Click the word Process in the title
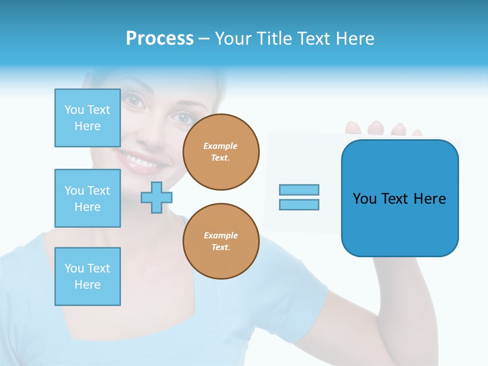[x=160, y=39]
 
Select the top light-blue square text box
[x=87, y=118]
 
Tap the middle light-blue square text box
[x=87, y=198]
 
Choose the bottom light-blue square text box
[x=87, y=277]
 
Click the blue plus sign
[x=156, y=197]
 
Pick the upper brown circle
[x=221, y=152]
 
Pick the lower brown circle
[x=221, y=241]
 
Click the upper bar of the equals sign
[x=299, y=190]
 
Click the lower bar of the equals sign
[x=299, y=204]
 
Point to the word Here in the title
[x=354, y=39]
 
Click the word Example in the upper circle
[x=221, y=146]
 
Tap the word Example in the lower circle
[x=221, y=235]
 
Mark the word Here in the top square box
[x=87, y=126]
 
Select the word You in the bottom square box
[x=74, y=268]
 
